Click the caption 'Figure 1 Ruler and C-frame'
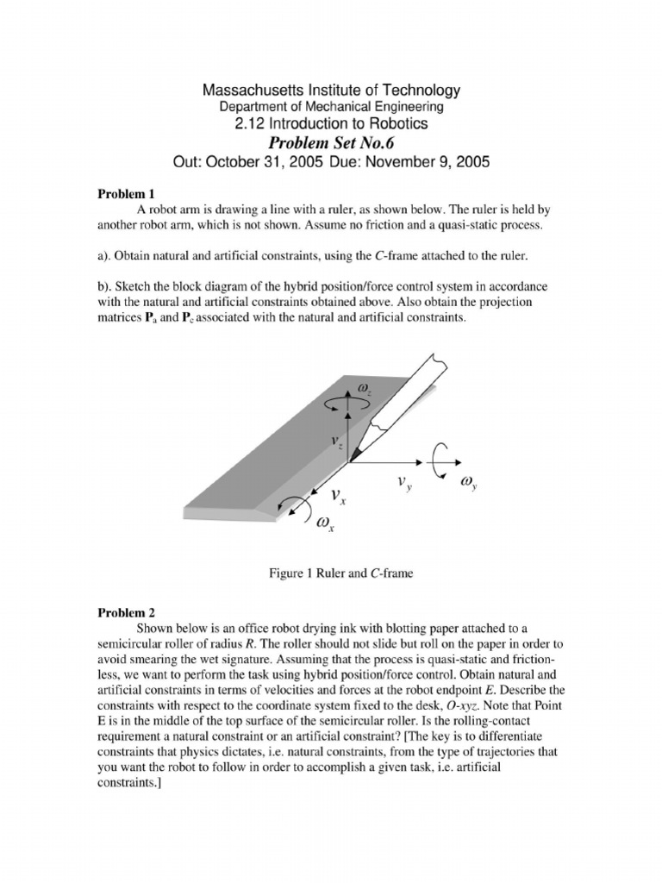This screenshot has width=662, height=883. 331,573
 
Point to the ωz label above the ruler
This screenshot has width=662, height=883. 363,392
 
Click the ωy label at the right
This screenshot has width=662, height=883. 470,485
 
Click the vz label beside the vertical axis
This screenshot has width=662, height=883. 336,441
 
